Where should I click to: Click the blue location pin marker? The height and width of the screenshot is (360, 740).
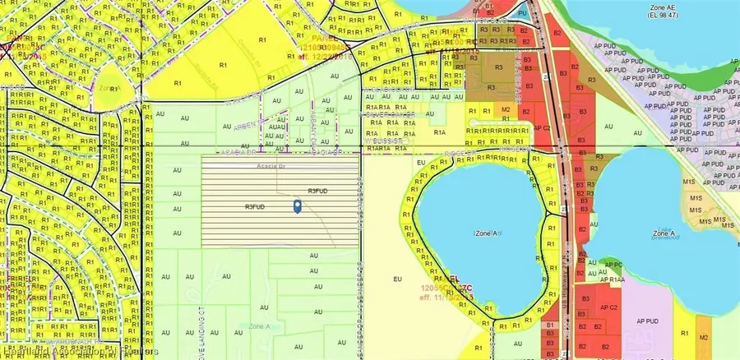pos(298,206)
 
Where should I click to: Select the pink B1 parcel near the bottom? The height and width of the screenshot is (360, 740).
pos(550,326)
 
